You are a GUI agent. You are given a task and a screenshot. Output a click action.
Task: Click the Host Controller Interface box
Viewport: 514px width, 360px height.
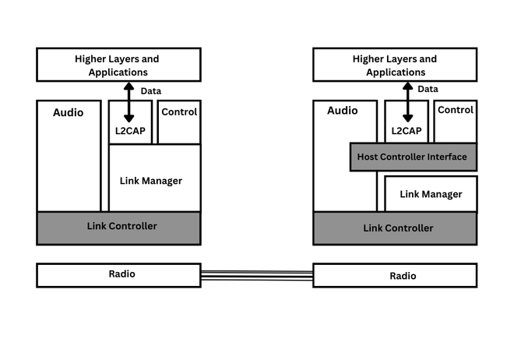(x=413, y=157)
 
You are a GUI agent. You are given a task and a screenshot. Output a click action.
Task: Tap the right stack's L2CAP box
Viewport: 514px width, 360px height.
(x=407, y=130)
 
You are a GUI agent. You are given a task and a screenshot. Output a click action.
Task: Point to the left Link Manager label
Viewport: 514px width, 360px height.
(x=151, y=181)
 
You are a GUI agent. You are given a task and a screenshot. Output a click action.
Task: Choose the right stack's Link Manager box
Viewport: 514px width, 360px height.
(x=431, y=194)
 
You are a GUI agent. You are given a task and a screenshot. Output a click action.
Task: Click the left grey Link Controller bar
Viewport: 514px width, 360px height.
(x=118, y=227)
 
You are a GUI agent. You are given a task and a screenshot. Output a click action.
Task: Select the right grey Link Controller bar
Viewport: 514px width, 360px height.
(x=395, y=228)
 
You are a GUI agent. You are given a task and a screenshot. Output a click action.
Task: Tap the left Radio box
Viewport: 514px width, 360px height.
(x=118, y=274)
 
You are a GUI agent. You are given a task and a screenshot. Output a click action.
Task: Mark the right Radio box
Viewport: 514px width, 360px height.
(x=395, y=275)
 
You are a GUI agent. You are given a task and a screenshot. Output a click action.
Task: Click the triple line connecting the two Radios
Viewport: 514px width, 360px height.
(x=257, y=274)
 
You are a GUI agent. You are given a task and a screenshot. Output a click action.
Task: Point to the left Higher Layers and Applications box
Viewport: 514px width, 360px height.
(x=118, y=65)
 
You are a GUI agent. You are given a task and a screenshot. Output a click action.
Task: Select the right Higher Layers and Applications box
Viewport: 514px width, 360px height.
(x=395, y=65)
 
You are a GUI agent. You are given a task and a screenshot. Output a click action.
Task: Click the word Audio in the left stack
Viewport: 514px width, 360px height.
(x=68, y=112)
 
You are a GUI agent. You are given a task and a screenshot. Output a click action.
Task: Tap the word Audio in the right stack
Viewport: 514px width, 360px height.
(x=342, y=111)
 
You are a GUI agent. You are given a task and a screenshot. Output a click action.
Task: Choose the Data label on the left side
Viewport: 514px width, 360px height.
(x=151, y=91)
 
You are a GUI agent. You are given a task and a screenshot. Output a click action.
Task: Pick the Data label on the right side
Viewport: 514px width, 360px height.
(x=428, y=89)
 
